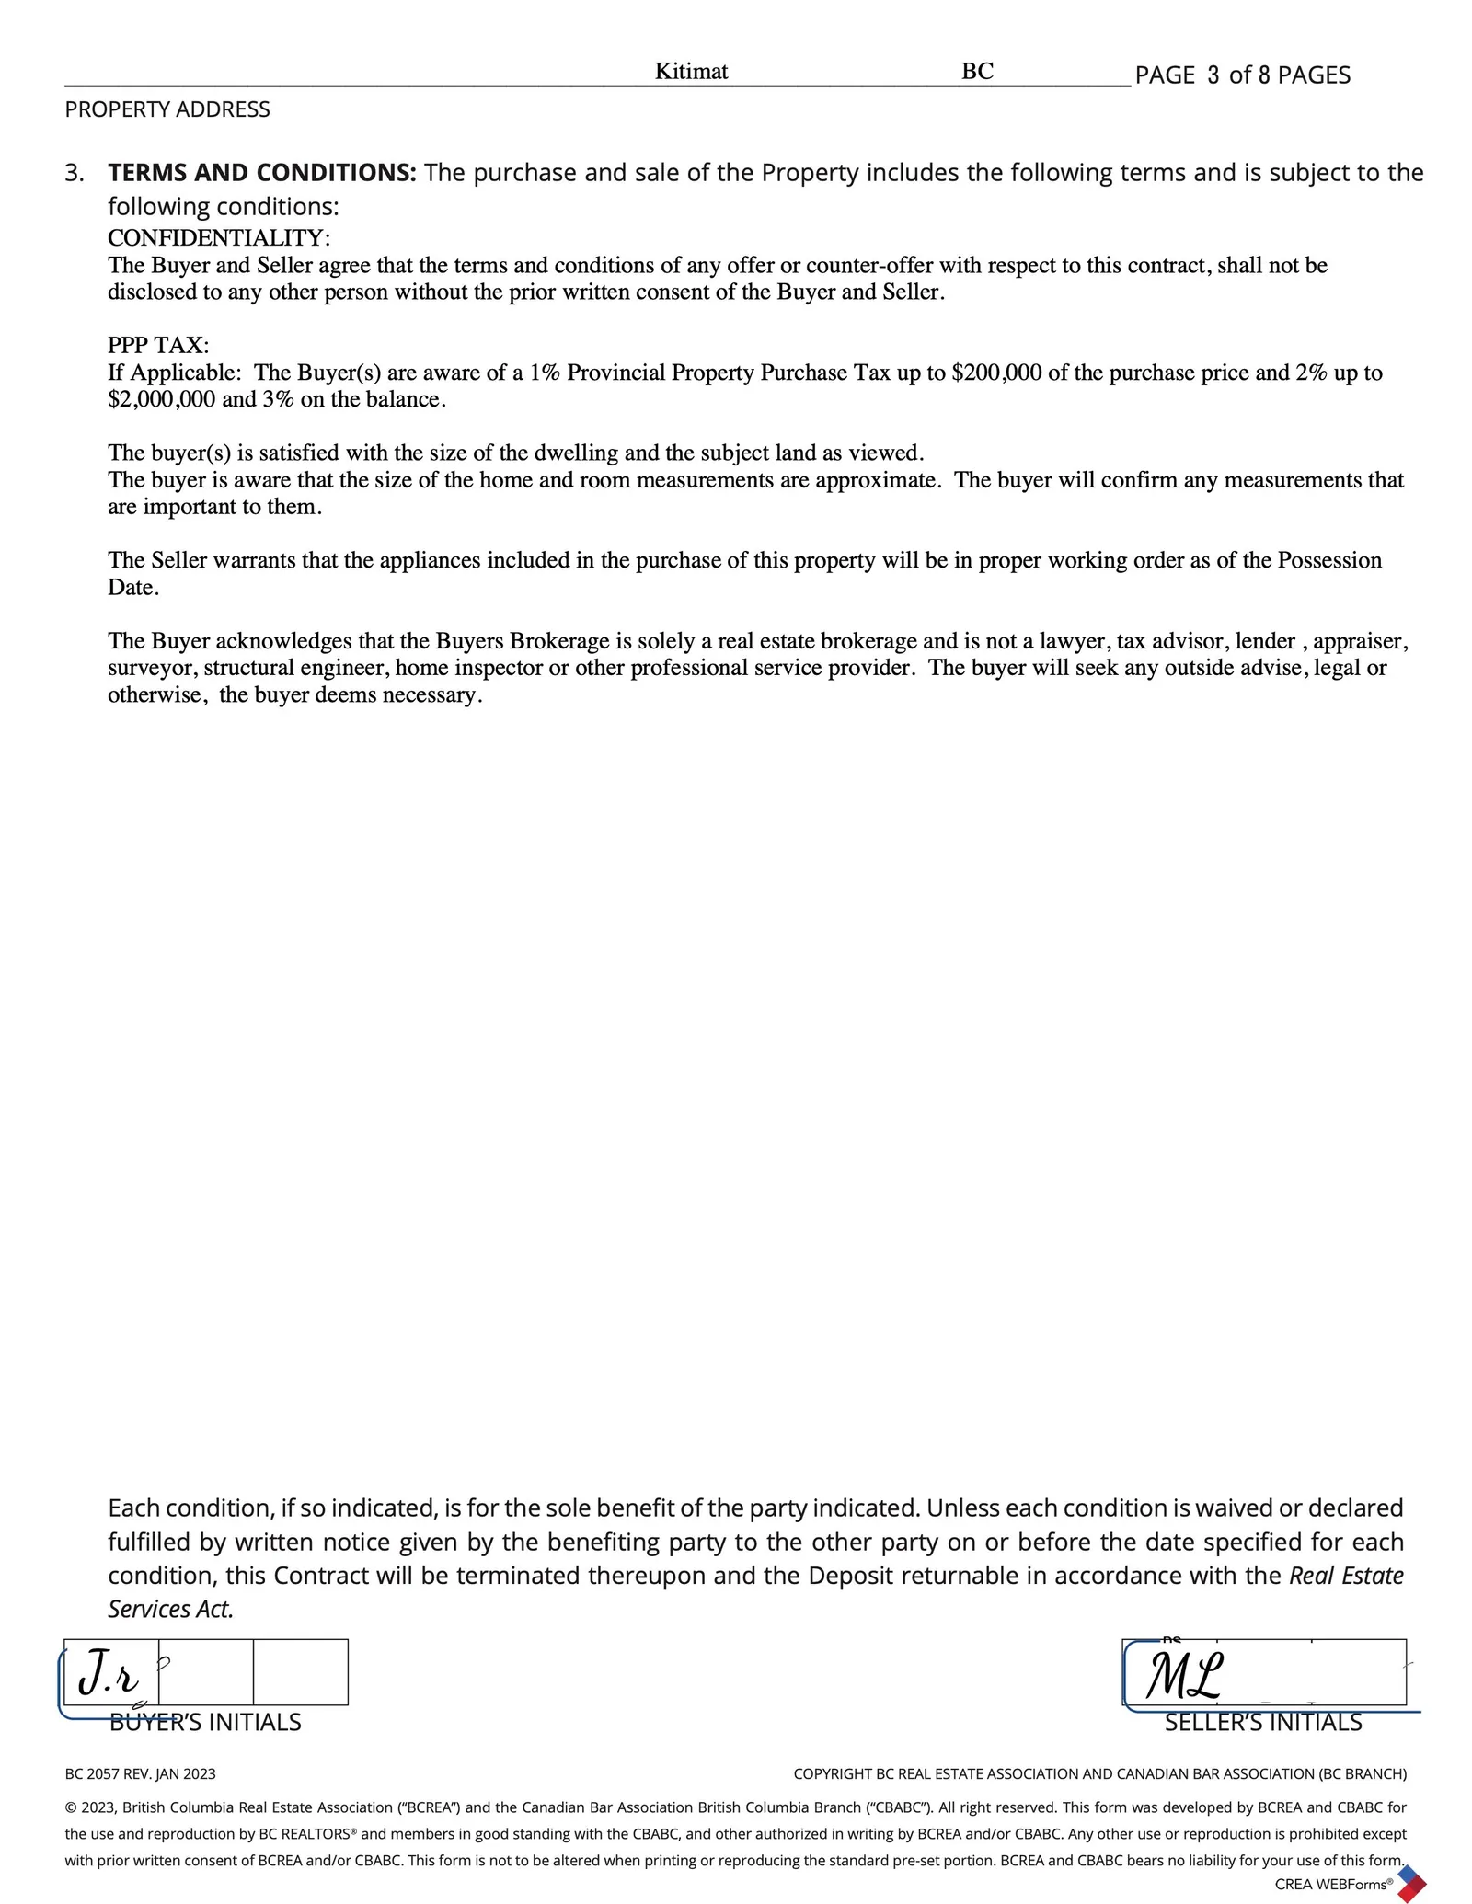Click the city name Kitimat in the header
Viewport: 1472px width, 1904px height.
691,72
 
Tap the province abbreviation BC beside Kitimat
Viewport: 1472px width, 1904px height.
977,72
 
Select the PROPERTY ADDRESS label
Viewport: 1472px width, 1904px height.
167,109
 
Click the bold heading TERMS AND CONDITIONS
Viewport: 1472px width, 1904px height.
262,173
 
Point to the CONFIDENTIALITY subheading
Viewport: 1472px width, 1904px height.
219,238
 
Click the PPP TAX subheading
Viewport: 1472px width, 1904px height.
158,346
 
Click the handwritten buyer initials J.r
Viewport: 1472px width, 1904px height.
109,1673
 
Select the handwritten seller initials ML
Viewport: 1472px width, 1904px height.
1183,1675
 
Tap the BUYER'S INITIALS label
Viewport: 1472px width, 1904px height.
205,1722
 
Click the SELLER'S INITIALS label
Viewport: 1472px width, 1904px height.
1263,1722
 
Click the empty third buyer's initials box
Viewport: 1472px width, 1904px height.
300,1671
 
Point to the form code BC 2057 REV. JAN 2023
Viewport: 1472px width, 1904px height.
141,1773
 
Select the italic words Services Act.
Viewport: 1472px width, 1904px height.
171,1609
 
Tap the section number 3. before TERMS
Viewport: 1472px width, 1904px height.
75,173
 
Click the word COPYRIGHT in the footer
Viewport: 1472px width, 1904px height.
832,1773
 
